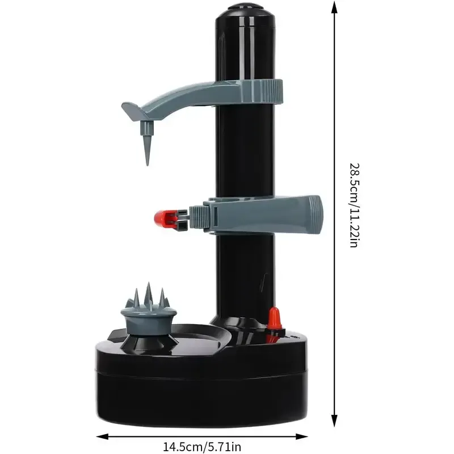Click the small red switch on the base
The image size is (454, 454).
[x=274, y=319]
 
